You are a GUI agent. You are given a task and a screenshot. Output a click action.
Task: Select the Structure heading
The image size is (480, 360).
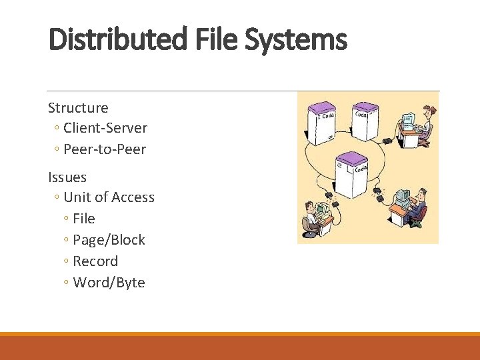click(x=78, y=108)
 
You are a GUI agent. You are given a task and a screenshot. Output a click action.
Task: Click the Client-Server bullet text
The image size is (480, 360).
click(x=105, y=128)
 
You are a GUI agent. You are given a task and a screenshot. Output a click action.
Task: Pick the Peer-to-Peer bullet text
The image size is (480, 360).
click(x=105, y=149)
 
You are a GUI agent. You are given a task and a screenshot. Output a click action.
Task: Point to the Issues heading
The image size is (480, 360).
click(x=67, y=177)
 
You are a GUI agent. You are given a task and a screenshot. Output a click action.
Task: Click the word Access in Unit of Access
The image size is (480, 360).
click(x=133, y=197)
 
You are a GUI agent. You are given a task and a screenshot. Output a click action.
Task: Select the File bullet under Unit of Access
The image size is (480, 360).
click(x=84, y=219)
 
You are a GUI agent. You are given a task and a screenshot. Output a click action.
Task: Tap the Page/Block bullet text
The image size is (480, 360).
click(x=109, y=240)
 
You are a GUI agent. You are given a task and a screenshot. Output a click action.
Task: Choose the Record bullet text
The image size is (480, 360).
click(x=95, y=261)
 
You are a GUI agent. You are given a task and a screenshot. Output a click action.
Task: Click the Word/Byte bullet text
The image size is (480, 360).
click(x=109, y=283)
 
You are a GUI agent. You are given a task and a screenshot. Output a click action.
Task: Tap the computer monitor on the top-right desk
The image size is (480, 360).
click(x=407, y=121)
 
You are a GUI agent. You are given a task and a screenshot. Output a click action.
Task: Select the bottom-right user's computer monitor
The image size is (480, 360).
click(x=402, y=198)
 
